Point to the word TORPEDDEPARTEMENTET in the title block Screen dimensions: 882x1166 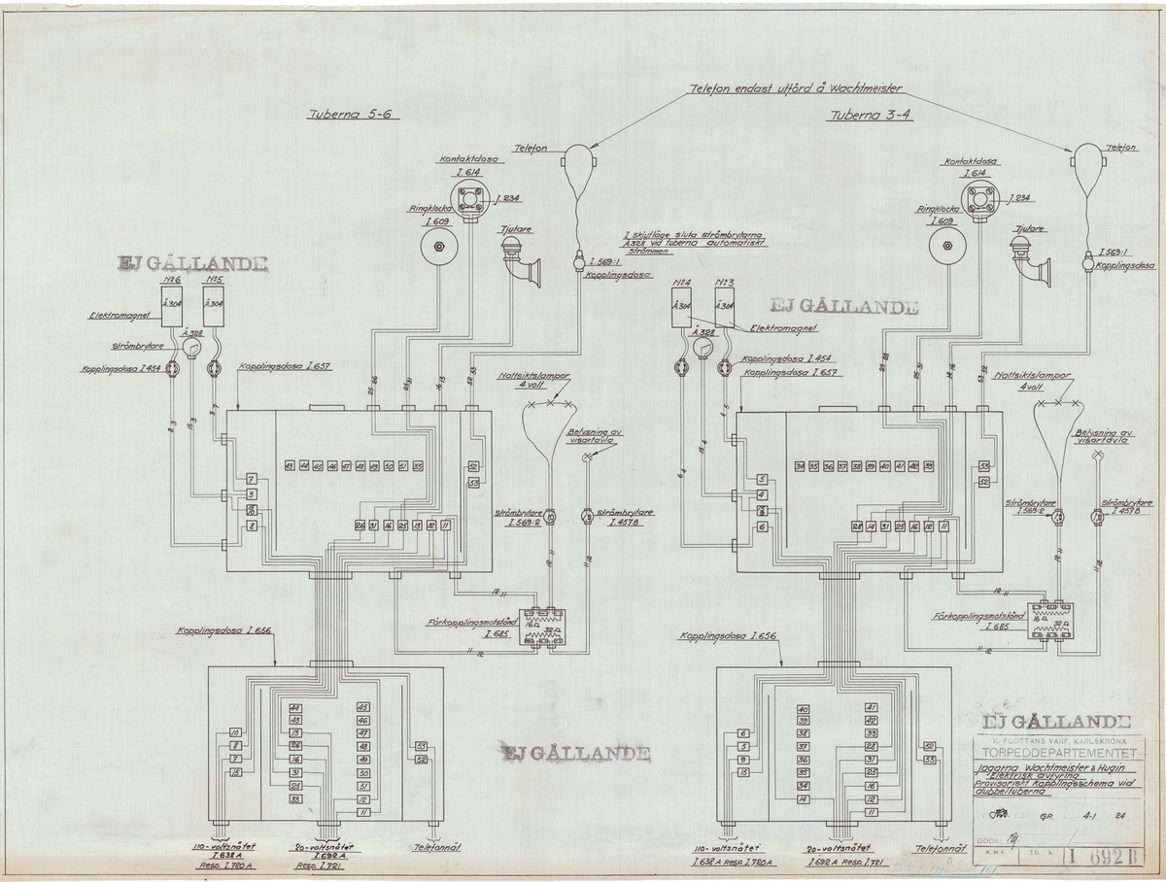1056,751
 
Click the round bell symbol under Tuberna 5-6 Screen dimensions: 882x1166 437,249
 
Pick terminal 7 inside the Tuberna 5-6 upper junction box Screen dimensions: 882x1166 251,481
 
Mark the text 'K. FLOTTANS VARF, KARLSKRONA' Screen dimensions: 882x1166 1055,737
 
